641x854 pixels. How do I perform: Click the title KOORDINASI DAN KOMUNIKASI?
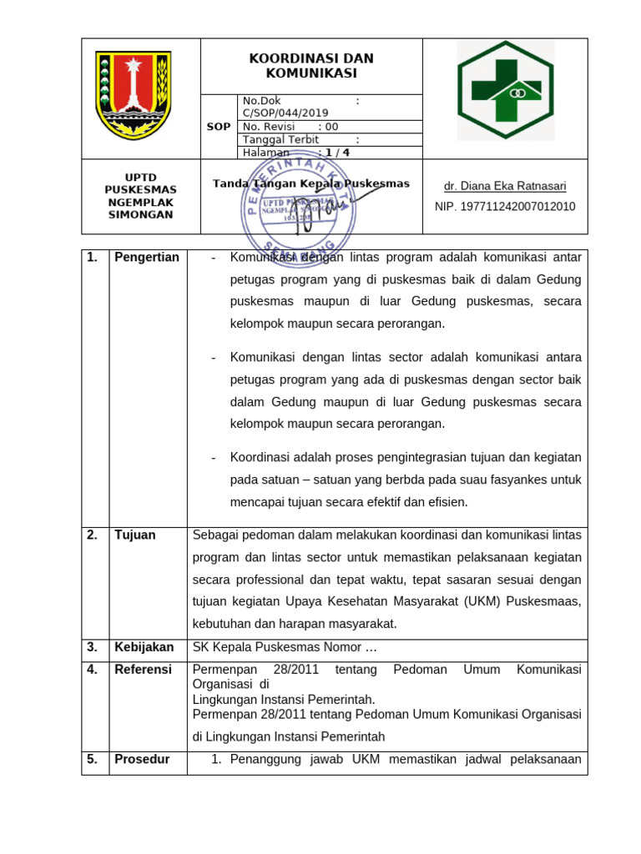click(311, 66)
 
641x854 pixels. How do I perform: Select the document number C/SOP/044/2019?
click(285, 113)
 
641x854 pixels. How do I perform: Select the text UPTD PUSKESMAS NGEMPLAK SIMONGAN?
click(139, 196)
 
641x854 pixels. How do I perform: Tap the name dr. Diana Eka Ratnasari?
click(505, 186)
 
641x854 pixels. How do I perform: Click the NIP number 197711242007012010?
click(505, 206)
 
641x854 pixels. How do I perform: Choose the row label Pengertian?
click(147, 258)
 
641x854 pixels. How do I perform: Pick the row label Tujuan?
click(135, 535)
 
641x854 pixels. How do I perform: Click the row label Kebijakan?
click(144, 647)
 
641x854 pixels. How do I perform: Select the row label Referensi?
click(143, 670)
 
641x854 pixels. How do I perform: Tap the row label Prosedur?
click(142, 759)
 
